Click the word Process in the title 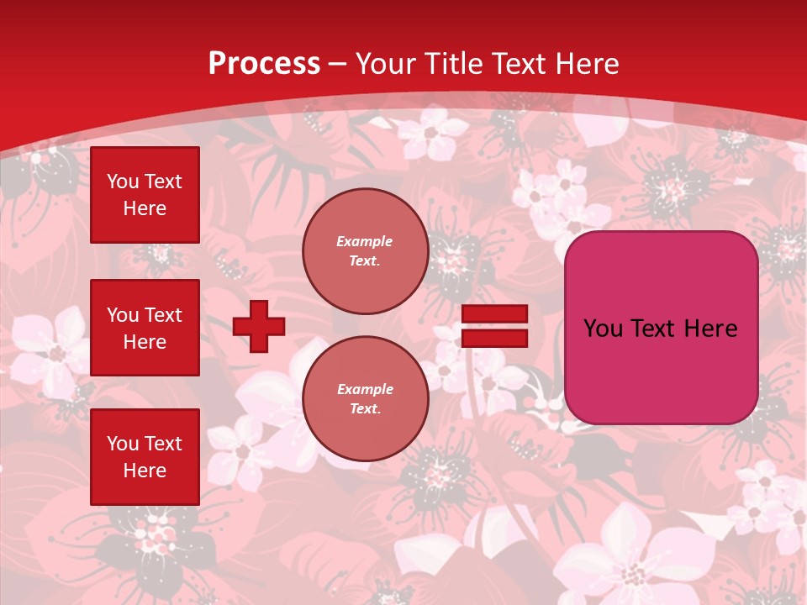264,64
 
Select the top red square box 145,195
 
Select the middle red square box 145,328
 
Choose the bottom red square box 145,457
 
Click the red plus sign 259,326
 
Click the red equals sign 494,326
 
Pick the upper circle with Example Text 366,251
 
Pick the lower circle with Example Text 366,399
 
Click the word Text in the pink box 656,329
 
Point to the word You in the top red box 123,181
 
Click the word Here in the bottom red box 145,471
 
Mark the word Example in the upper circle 365,241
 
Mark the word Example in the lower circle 365,389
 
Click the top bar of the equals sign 494,314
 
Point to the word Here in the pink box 711,329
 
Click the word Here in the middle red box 145,342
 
